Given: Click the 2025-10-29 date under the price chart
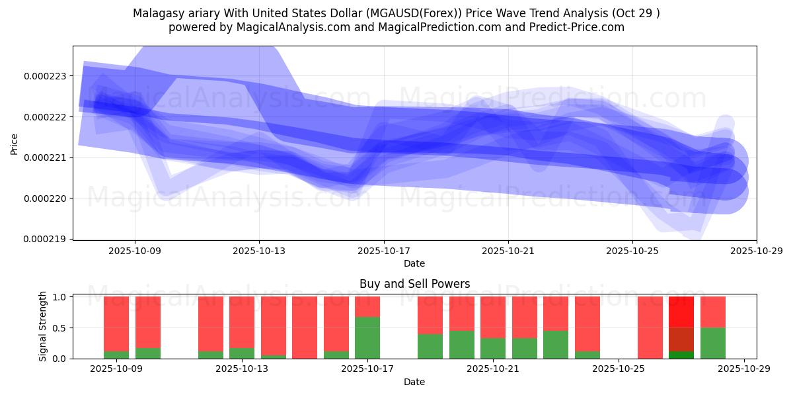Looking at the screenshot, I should [756, 251].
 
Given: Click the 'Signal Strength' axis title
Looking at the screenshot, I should [43, 326].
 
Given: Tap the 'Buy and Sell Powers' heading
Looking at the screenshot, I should [414, 284].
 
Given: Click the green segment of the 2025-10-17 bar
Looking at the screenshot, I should [367, 338].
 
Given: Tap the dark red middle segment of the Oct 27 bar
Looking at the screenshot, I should [681, 339].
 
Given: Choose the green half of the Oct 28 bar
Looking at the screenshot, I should [712, 343].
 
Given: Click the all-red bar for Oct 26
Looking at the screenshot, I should [650, 328].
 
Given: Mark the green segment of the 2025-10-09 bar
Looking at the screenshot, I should [116, 355].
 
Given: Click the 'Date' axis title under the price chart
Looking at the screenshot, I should [414, 263].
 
